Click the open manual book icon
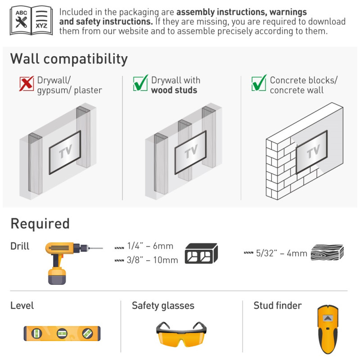coord(31,20)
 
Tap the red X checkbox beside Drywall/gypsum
coord(27,83)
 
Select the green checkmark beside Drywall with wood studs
coord(140,83)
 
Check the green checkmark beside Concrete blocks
coord(259,83)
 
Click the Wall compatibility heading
coord(69,59)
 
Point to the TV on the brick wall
coord(311,152)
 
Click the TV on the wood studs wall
coord(190,152)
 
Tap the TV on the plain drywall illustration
coord(65,152)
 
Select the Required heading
coord(40,224)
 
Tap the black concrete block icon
coord(201,253)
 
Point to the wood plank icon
coord(327,252)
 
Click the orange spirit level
coord(62,333)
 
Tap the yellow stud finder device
coord(328,329)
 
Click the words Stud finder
coord(278,306)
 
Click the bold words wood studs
coord(174,90)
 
